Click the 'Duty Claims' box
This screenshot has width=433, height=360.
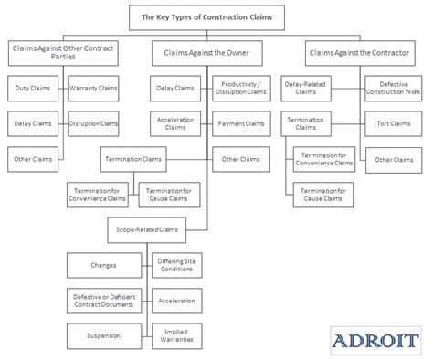point(35,89)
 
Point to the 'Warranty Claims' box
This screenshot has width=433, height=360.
point(93,89)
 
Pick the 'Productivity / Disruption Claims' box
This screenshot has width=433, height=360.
point(242,89)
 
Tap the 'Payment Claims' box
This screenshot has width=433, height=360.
point(242,123)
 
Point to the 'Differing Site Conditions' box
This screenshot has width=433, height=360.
point(176,265)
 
